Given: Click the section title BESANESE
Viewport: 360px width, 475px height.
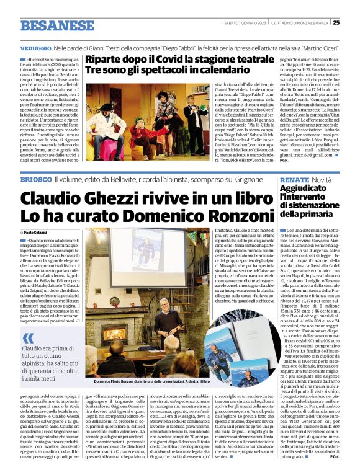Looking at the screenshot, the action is pos(52,25).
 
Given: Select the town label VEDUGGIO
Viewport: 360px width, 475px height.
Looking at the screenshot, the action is pos(35,48).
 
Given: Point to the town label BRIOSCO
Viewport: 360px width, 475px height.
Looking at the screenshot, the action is pos(35,162).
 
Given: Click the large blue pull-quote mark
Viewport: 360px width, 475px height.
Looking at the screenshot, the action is pos(29,339).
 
